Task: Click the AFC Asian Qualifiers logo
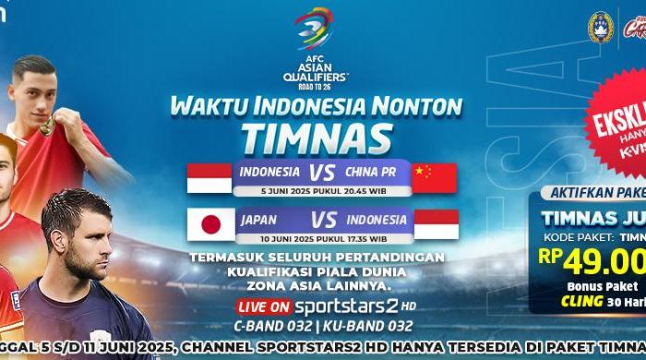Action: (322, 43)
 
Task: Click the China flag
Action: (435, 178)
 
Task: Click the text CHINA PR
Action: (374, 172)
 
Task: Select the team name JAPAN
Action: (258, 220)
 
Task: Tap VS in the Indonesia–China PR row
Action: (322, 172)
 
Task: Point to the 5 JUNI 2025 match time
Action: (322, 190)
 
